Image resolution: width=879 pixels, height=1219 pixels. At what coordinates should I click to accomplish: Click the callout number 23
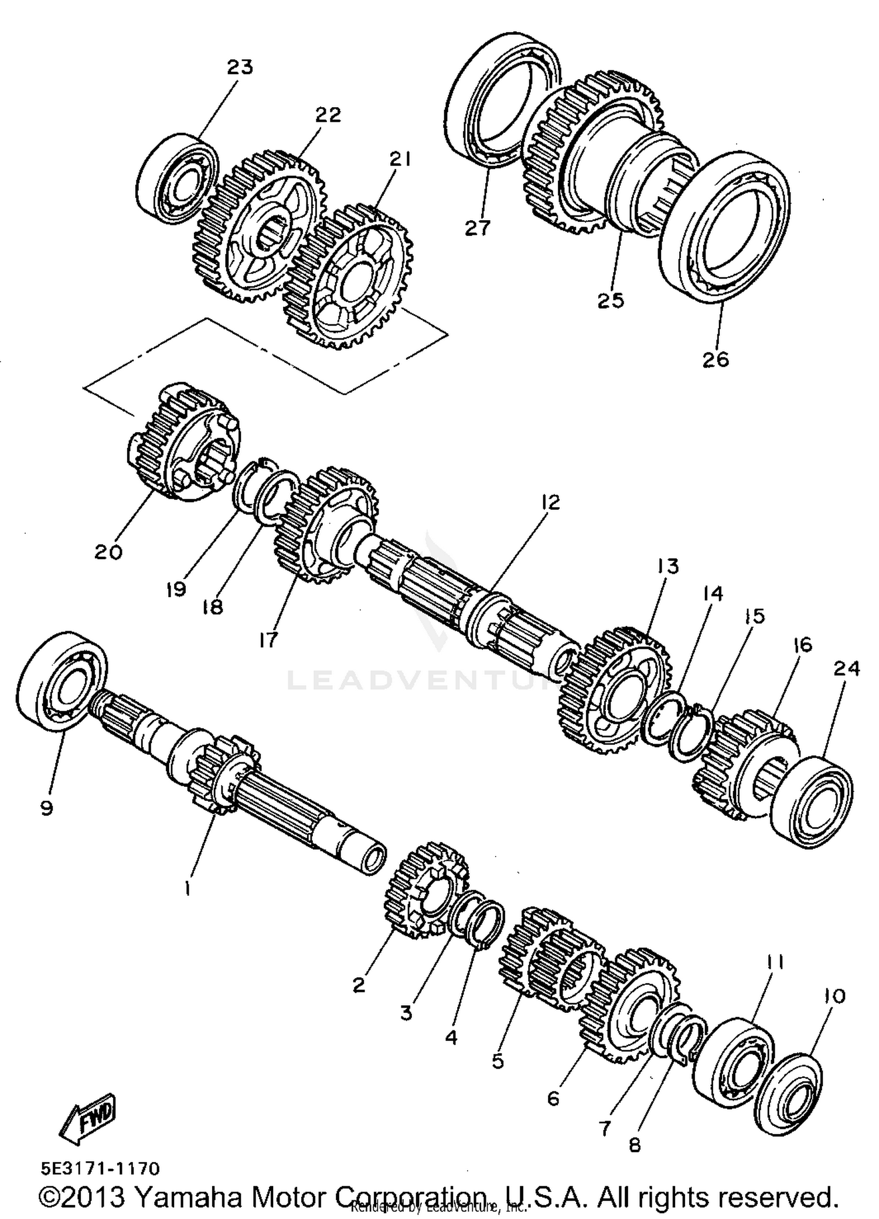(x=240, y=67)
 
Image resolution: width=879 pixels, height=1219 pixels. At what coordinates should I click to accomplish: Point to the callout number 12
(x=550, y=502)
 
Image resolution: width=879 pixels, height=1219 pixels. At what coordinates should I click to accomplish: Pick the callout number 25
(x=611, y=300)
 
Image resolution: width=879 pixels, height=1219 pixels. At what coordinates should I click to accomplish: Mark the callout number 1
(x=187, y=889)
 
